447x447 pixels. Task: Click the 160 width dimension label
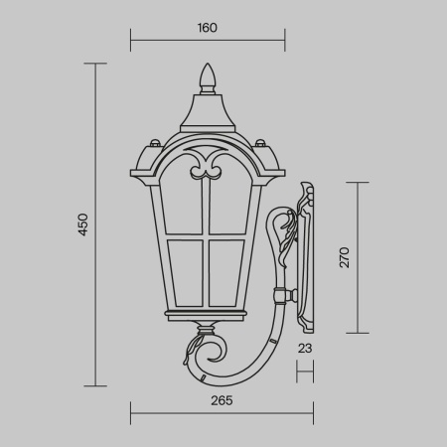point(207,28)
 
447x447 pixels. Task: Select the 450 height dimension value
point(83,223)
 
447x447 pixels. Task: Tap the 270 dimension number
point(345,258)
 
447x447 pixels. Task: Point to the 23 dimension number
point(305,349)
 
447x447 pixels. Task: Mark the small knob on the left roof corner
point(153,142)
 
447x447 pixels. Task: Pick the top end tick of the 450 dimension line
point(94,64)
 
